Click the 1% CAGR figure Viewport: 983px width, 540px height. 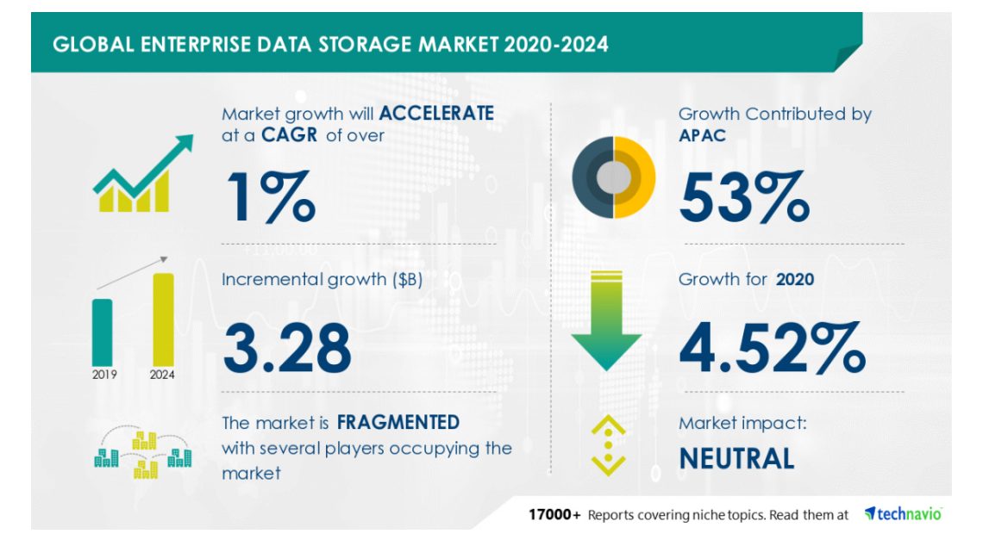click(x=271, y=196)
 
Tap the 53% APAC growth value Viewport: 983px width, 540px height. click(x=744, y=196)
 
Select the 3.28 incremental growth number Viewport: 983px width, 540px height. click(x=287, y=348)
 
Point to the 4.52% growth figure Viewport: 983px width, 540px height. click(x=773, y=348)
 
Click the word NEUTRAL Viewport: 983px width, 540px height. click(x=736, y=458)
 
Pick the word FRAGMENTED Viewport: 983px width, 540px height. click(x=398, y=422)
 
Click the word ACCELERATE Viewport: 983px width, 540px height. click(x=436, y=113)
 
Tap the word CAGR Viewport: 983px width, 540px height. click(x=289, y=134)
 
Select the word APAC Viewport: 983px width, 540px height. click(x=702, y=135)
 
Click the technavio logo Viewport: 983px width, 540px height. click(x=903, y=514)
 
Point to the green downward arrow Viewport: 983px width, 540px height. click(x=606, y=320)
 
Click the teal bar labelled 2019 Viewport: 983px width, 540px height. click(x=103, y=332)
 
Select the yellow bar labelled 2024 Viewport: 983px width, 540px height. click(x=163, y=320)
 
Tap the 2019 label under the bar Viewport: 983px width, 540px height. click(x=104, y=375)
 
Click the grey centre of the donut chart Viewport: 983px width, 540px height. click(x=614, y=177)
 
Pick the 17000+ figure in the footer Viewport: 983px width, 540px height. click(x=554, y=515)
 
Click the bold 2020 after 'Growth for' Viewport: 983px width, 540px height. click(x=795, y=279)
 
